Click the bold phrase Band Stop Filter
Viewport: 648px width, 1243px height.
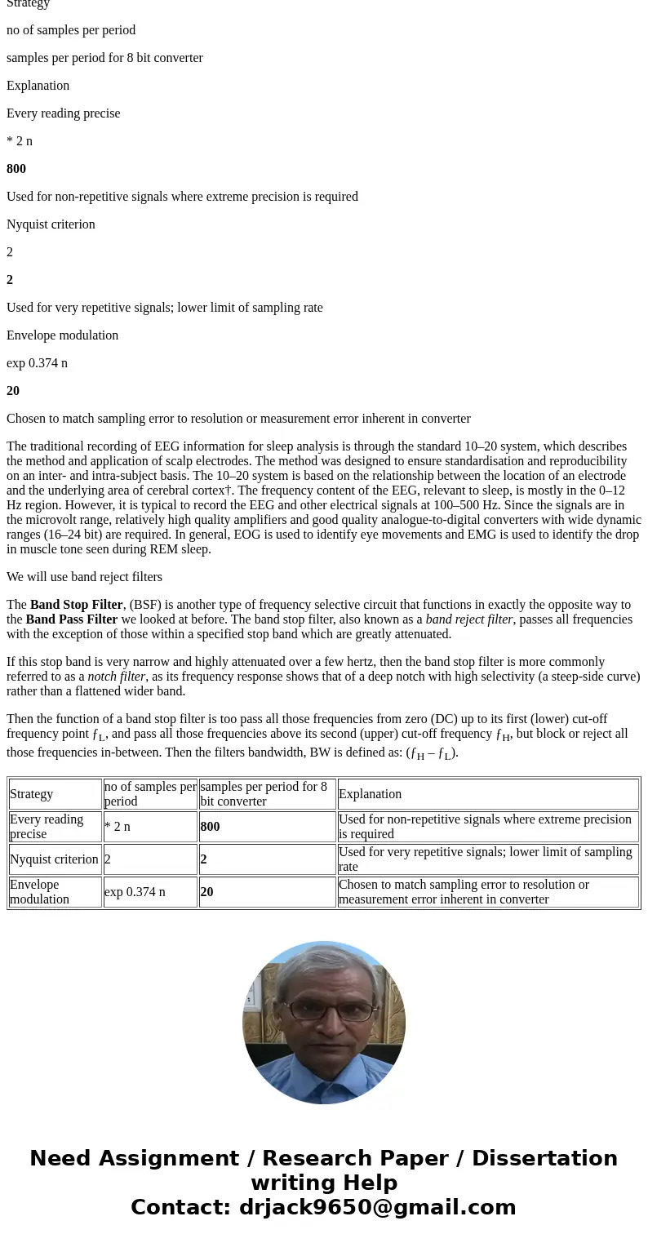pos(76,605)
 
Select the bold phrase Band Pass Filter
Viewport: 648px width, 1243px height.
pos(71,619)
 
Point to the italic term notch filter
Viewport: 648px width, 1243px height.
pos(117,677)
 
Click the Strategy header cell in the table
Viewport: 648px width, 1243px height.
pos(31,794)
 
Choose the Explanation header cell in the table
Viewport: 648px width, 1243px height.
pos(370,794)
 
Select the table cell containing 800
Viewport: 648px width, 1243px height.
pos(210,827)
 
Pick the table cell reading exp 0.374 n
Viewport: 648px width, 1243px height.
pos(135,892)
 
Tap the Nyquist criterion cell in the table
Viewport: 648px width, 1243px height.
pos(54,859)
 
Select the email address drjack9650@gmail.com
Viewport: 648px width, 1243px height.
pos(377,1208)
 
